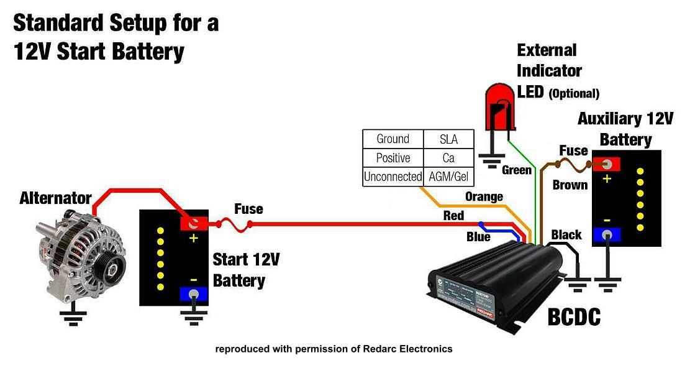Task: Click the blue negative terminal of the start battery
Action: (x=194, y=294)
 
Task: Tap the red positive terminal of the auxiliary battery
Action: (x=607, y=164)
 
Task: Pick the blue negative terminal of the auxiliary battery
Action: (x=607, y=234)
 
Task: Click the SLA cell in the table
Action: (x=448, y=139)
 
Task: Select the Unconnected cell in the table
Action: (x=393, y=177)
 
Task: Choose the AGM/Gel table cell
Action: (x=448, y=177)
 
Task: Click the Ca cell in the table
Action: (x=448, y=158)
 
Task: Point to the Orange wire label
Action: (x=484, y=197)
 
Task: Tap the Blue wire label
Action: (x=478, y=237)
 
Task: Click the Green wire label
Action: (x=517, y=170)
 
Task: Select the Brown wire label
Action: (x=570, y=185)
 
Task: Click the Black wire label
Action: (x=566, y=235)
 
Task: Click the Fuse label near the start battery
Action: (x=248, y=209)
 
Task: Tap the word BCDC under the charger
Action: (x=574, y=318)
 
